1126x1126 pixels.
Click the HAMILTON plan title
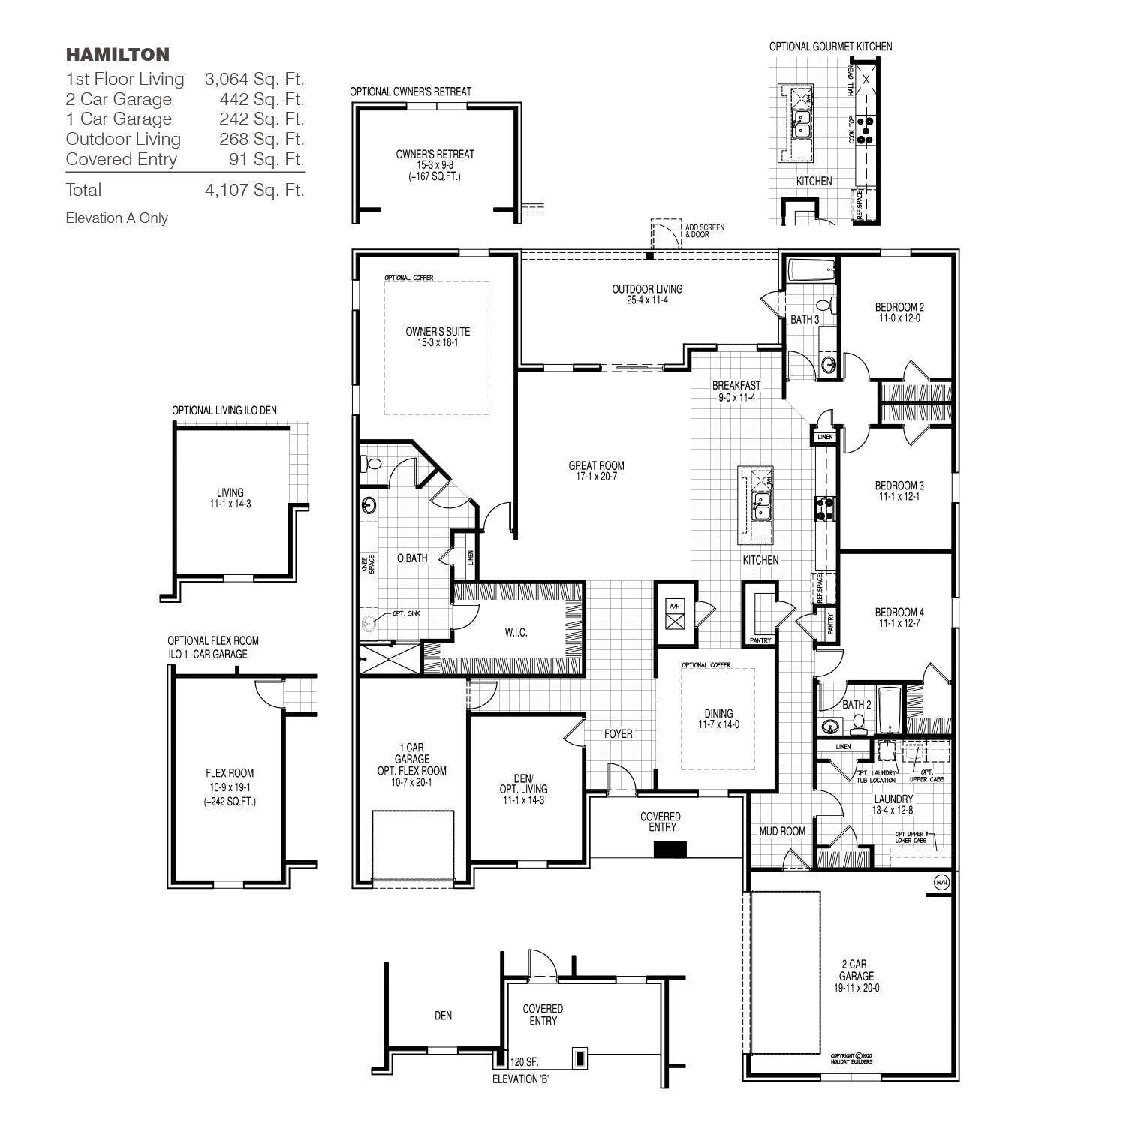[x=118, y=54]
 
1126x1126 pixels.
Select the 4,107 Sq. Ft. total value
[x=254, y=190]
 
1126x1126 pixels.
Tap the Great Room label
[x=596, y=465]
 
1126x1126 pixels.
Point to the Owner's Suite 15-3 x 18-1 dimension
[x=438, y=343]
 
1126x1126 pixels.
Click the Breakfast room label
[x=736, y=386]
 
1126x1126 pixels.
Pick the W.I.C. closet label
[x=516, y=633]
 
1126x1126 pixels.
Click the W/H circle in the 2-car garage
[x=941, y=882]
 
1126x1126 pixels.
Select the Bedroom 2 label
[x=899, y=307]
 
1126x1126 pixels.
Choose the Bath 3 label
[x=804, y=319]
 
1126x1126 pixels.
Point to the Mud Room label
[x=781, y=831]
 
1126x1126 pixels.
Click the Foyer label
[x=618, y=733]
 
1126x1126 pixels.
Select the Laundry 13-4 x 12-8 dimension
[x=893, y=810]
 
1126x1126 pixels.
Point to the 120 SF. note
[x=524, y=1062]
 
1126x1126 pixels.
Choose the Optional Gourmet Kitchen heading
[x=830, y=47]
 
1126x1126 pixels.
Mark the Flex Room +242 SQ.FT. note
[x=230, y=802]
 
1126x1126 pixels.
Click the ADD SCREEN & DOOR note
[x=704, y=230]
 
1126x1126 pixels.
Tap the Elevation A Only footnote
[x=117, y=218]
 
